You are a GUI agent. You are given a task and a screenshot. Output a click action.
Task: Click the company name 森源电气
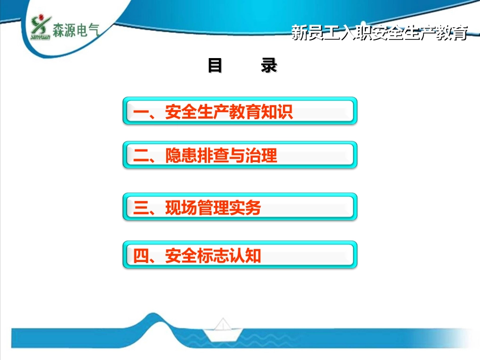click(x=76, y=30)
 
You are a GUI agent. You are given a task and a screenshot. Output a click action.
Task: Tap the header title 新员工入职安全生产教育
click(x=379, y=33)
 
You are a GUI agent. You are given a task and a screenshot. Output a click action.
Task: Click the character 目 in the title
click(x=215, y=65)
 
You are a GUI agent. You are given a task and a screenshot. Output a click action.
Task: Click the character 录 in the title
click(x=269, y=65)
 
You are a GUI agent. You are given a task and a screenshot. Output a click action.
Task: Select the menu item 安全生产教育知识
click(x=229, y=112)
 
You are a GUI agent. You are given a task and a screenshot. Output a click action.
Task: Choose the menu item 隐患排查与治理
click(x=221, y=156)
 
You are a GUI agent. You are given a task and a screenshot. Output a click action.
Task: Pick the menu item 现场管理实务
click(x=213, y=208)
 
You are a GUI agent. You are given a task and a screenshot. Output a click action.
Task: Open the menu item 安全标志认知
click(x=213, y=255)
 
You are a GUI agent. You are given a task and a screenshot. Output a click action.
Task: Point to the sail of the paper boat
click(x=223, y=324)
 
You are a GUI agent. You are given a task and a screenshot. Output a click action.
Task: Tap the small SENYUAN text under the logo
click(x=40, y=37)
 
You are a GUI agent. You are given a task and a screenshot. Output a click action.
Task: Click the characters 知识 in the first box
click(x=277, y=112)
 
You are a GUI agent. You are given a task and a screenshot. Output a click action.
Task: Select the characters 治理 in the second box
click(x=261, y=156)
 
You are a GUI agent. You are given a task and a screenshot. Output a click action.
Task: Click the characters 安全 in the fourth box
click(x=181, y=255)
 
